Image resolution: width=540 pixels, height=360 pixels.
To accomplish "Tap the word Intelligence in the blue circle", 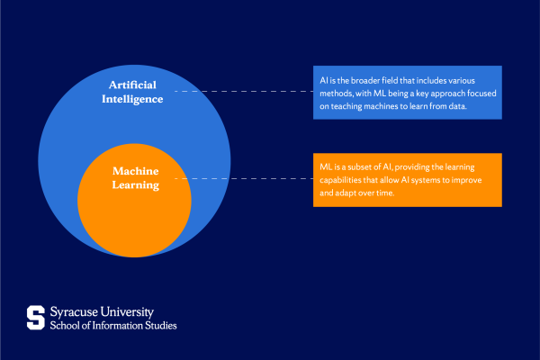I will tap(131, 99).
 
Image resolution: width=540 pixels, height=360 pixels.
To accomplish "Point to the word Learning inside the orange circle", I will tap(134, 185).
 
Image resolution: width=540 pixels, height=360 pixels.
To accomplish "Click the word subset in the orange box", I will tap(358, 166).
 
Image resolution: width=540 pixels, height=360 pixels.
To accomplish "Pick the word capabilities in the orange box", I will tap(344, 180).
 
